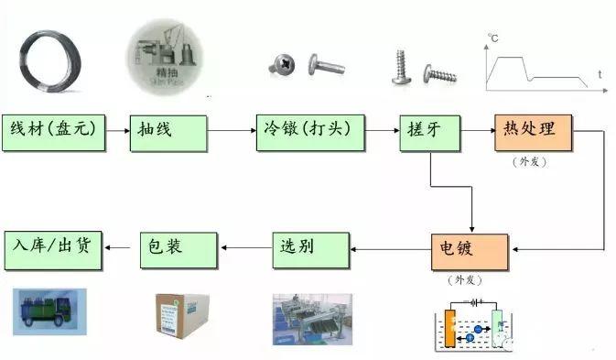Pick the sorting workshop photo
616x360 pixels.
(x=312, y=317)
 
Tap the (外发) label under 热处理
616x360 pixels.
(x=532, y=161)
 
